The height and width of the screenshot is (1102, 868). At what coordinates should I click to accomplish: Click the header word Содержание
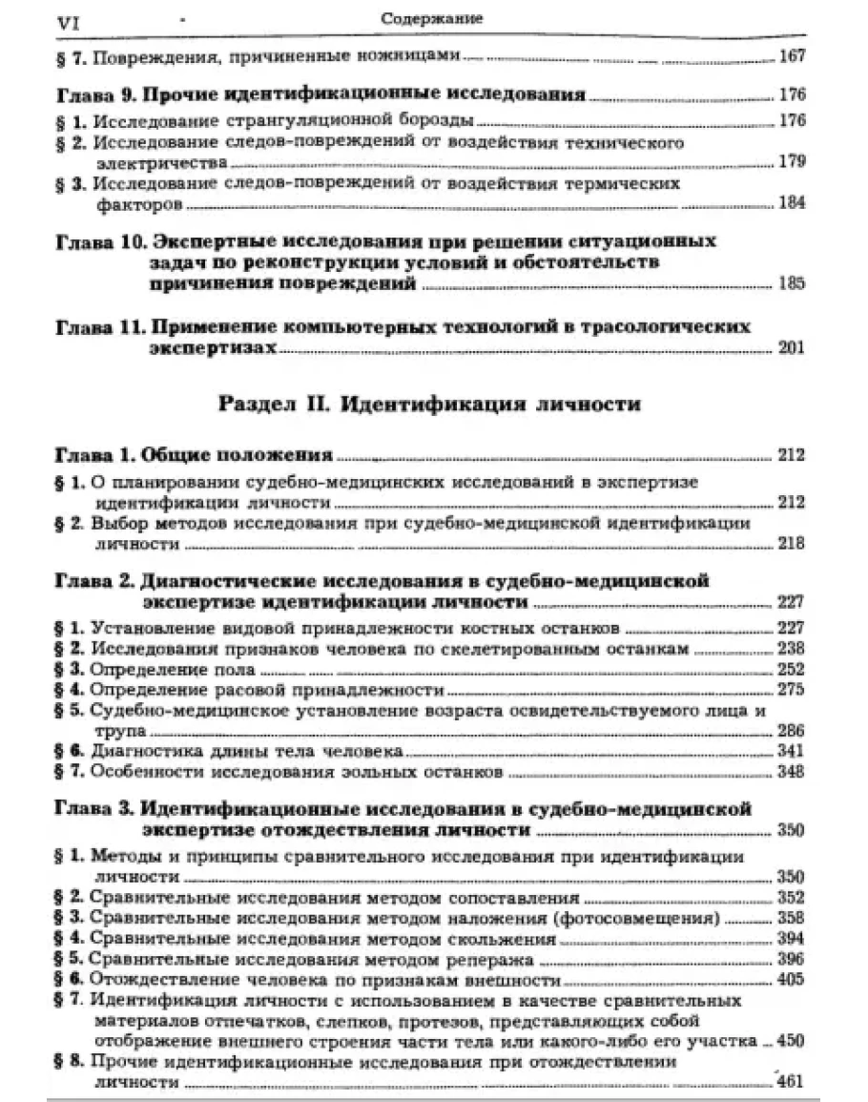coord(431,18)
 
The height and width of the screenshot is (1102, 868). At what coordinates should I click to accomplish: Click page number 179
coord(792,163)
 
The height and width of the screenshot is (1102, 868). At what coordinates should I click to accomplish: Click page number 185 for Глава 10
coord(792,283)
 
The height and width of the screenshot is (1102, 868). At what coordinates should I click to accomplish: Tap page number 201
coord(792,347)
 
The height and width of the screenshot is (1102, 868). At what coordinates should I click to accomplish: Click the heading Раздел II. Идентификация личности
coord(428,404)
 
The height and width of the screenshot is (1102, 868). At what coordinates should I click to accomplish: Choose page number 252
coord(792,668)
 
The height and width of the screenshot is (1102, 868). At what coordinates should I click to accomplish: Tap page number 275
coord(792,689)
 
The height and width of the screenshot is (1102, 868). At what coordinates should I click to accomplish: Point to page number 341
coord(792,752)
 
